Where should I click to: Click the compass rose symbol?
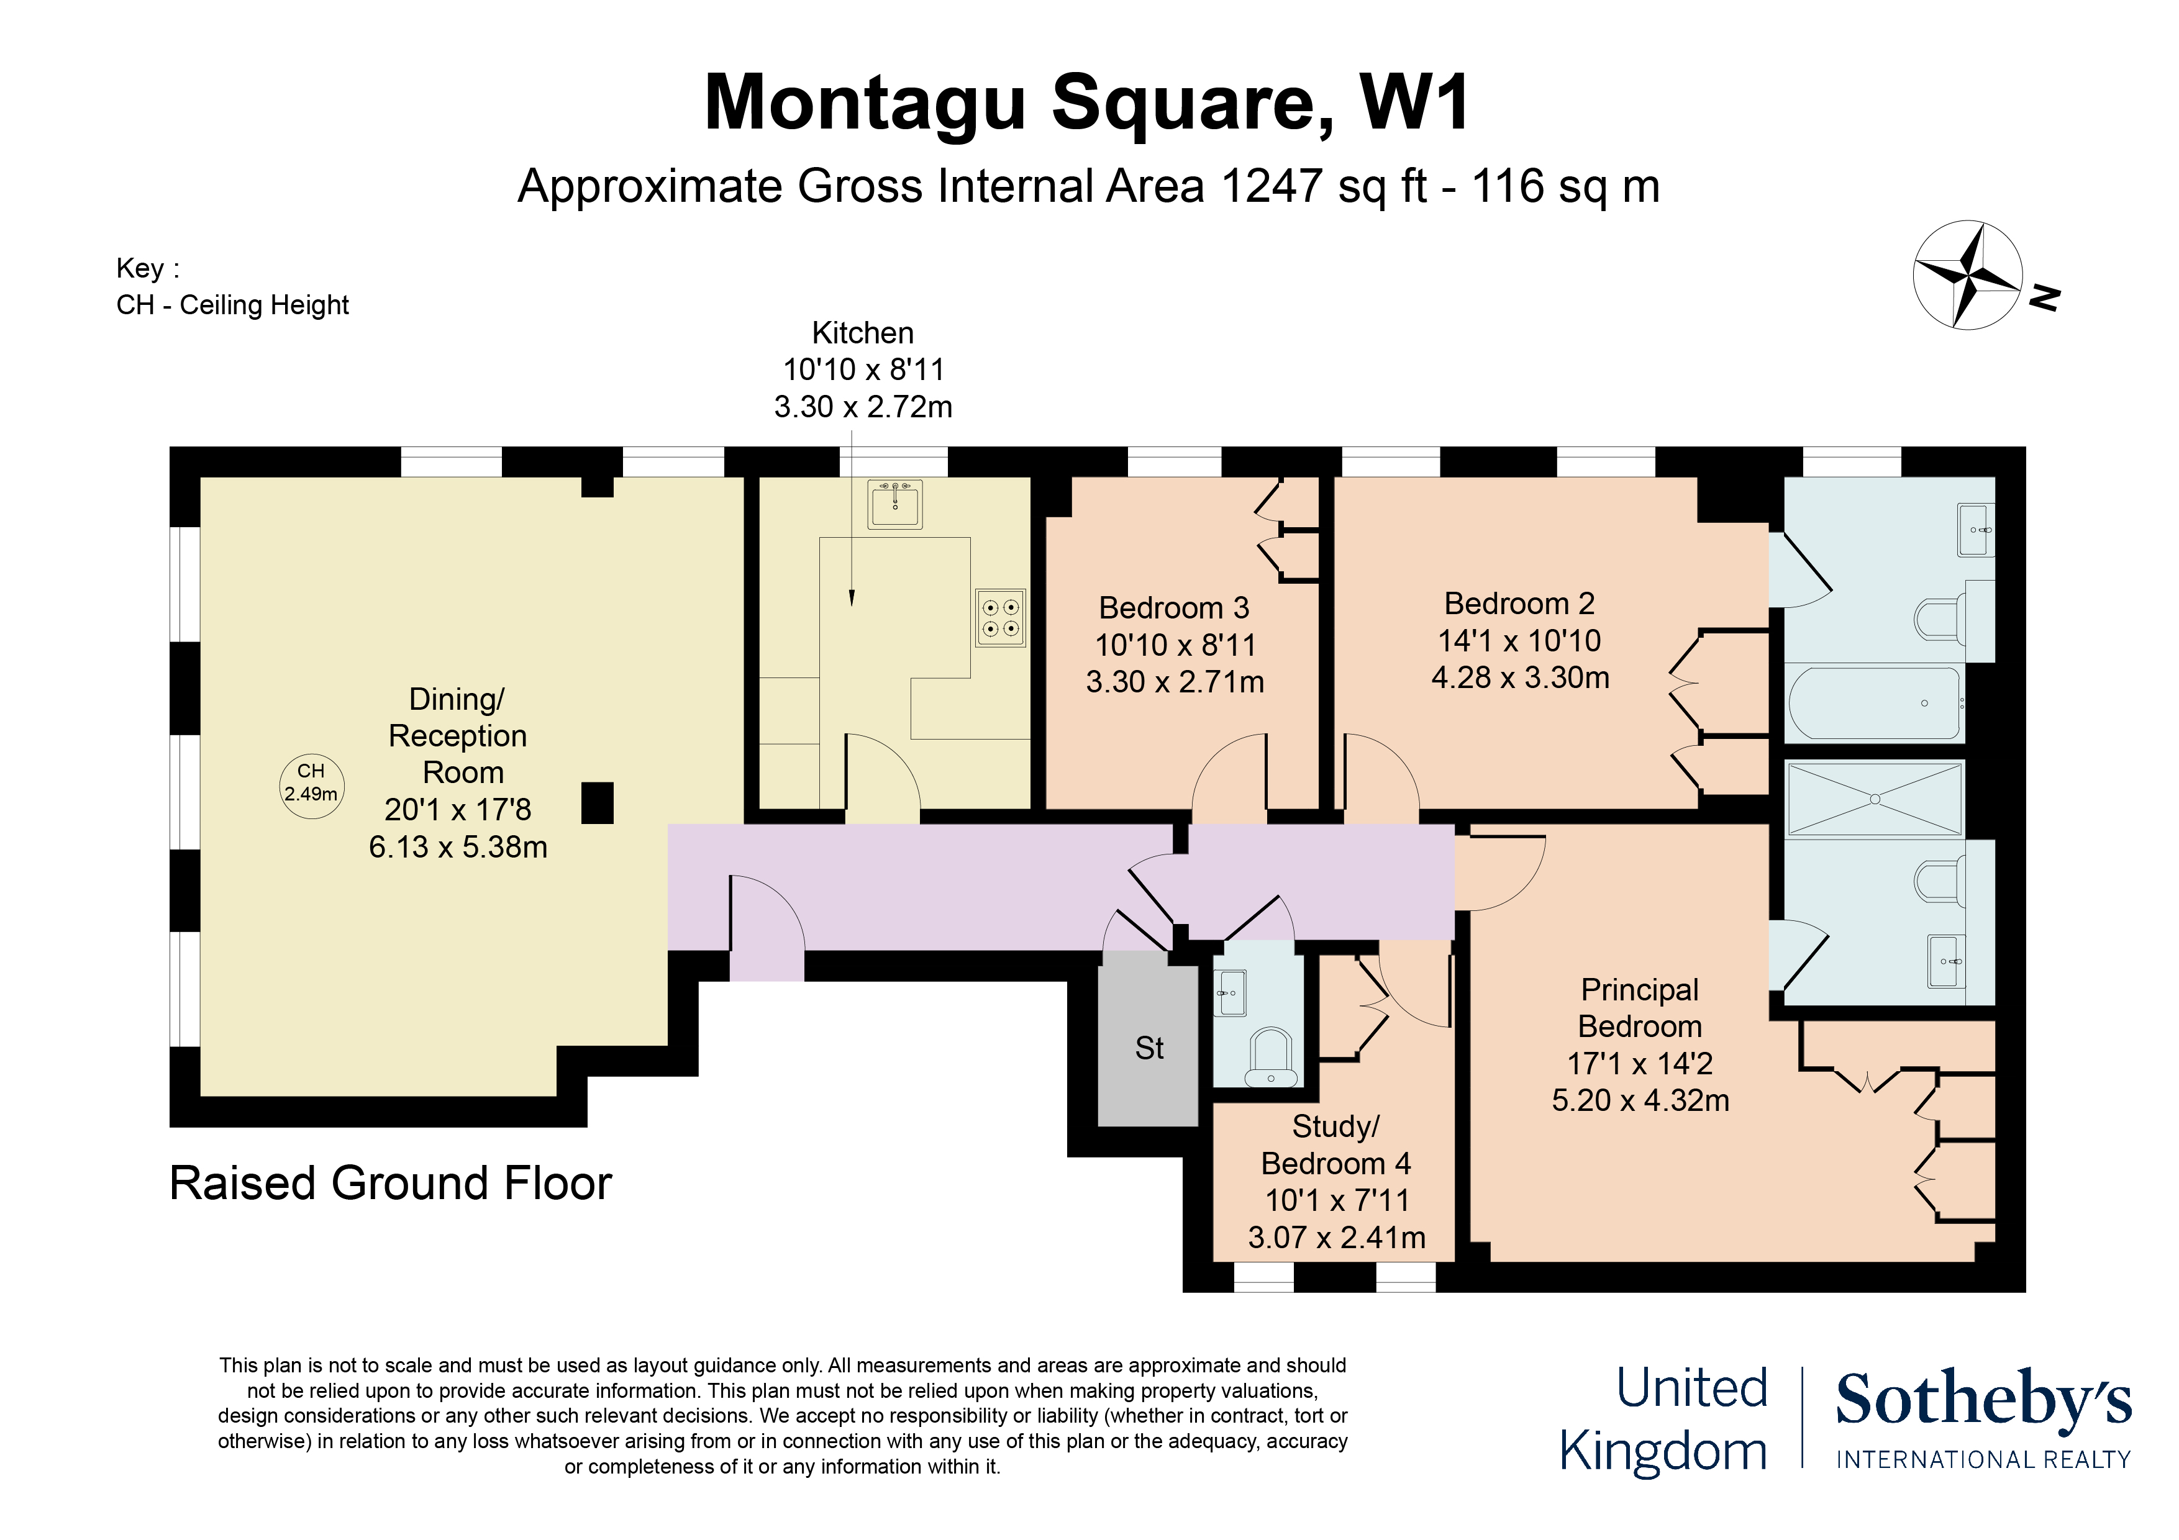pos(1967,275)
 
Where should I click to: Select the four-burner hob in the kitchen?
pos(1000,618)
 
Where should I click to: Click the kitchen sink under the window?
pos(894,504)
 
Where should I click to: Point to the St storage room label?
pos(1149,1048)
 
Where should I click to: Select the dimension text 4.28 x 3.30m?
pos(1519,677)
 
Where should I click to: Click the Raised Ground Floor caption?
pos(390,1183)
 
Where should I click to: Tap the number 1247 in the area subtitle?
pos(1271,186)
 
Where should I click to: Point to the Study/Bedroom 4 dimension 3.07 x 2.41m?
pos(1336,1238)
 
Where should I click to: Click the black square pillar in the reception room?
pos(597,803)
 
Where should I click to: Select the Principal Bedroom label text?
pos(1639,1008)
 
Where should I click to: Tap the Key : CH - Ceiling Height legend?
pos(232,286)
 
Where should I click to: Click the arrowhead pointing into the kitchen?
pos(852,598)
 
